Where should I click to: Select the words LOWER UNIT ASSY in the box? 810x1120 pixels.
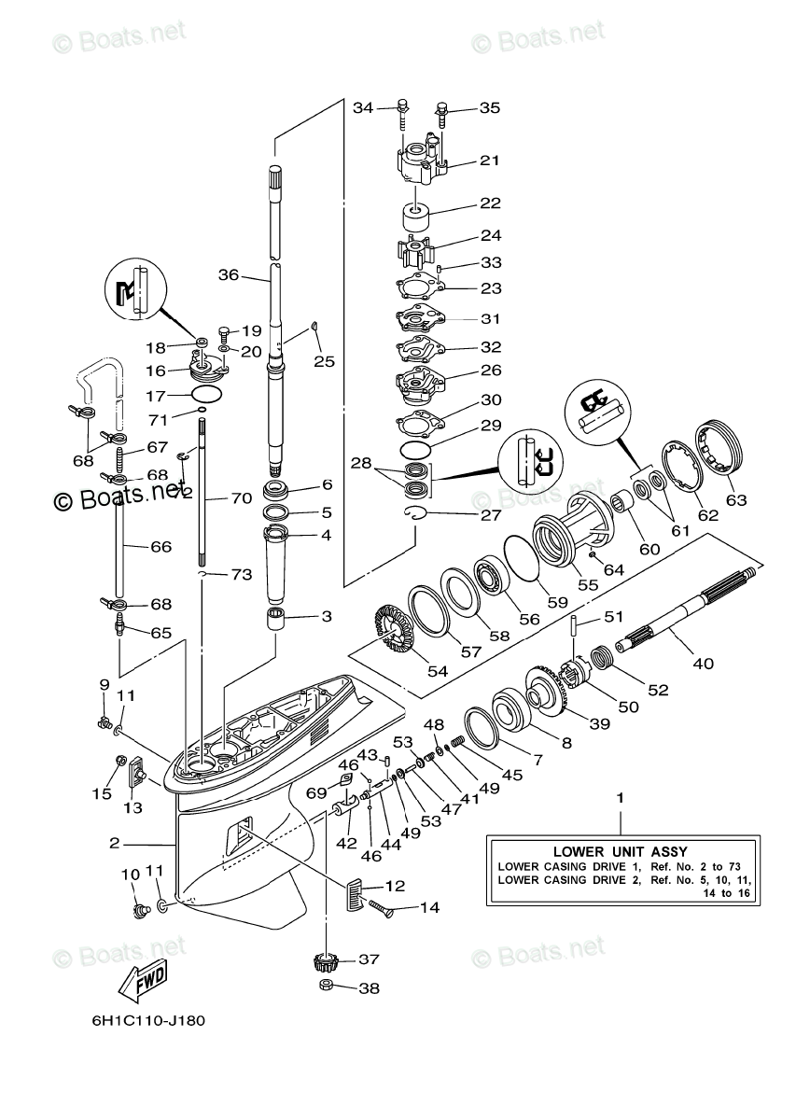[x=620, y=850]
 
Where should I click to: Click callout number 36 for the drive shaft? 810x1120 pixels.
[x=230, y=274]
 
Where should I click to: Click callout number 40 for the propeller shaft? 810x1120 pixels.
[x=702, y=664]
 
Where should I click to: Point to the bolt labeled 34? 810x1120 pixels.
[x=402, y=111]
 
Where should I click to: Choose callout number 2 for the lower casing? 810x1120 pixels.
[x=114, y=843]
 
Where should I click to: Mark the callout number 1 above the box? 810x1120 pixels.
[x=620, y=798]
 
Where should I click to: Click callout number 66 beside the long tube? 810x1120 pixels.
[x=161, y=546]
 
